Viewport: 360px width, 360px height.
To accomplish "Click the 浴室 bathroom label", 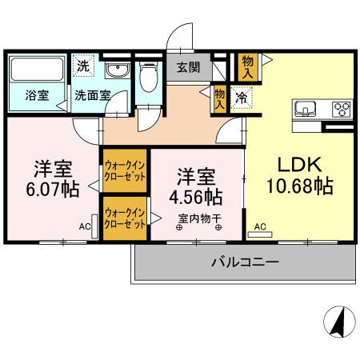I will coord(37,95).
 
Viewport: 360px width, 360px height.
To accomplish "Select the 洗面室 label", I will coord(92,95).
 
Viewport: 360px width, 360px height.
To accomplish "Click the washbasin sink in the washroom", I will coord(118,70).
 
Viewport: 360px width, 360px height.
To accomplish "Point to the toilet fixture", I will coord(147,78).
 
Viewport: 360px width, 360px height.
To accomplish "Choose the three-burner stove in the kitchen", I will coord(342,110).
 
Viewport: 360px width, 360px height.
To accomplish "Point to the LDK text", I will coord(299,165).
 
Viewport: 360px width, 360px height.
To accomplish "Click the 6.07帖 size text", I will coord(54,191).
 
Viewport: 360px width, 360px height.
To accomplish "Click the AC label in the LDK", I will coord(259,227).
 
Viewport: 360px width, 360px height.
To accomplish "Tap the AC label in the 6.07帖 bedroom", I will coord(84,226).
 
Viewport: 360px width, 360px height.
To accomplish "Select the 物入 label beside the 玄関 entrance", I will coord(248,66).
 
